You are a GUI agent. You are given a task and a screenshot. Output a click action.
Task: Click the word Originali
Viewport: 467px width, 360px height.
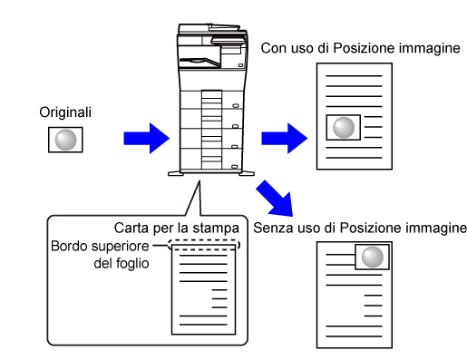click(x=65, y=112)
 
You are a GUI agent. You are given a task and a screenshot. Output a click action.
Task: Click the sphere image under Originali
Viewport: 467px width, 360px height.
click(x=65, y=140)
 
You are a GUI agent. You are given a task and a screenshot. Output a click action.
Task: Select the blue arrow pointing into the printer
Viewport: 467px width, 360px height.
click(x=147, y=139)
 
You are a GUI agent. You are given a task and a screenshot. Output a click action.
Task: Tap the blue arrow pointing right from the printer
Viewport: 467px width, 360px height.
click(x=285, y=139)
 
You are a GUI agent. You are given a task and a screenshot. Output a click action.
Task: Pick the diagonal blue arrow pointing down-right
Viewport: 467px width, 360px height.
click(x=276, y=199)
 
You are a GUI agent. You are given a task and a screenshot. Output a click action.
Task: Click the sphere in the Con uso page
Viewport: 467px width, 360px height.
click(x=344, y=127)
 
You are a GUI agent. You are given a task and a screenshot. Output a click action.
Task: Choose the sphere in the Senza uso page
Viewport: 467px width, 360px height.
click(x=373, y=257)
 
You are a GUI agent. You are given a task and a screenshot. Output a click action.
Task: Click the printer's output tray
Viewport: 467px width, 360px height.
click(x=200, y=62)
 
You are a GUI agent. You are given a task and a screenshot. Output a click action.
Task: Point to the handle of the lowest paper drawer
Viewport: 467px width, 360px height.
click(x=235, y=167)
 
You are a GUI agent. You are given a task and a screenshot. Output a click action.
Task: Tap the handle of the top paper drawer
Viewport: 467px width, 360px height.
click(x=236, y=106)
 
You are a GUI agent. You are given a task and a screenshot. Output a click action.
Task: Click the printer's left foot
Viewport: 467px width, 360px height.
click(x=176, y=173)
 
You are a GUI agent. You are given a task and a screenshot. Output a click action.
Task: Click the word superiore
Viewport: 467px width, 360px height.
click(x=121, y=247)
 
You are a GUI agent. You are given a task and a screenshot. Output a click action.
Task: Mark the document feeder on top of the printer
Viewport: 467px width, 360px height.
click(x=212, y=29)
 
